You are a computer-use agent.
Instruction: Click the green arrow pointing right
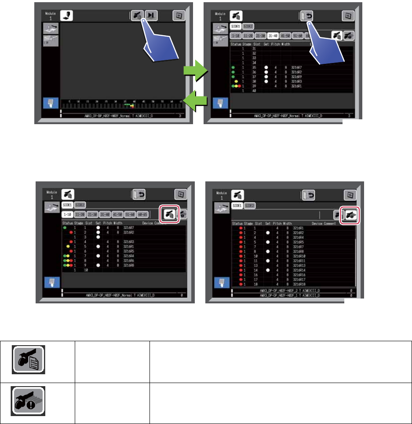click(x=195, y=70)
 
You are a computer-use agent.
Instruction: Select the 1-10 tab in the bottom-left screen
click(x=68, y=214)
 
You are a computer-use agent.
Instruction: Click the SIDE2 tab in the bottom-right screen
click(x=250, y=205)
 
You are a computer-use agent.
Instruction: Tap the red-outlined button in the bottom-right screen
click(x=350, y=214)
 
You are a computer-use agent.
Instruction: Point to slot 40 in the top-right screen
click(x=254, y=90)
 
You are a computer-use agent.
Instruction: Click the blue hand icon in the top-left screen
click(x=50, y=103)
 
